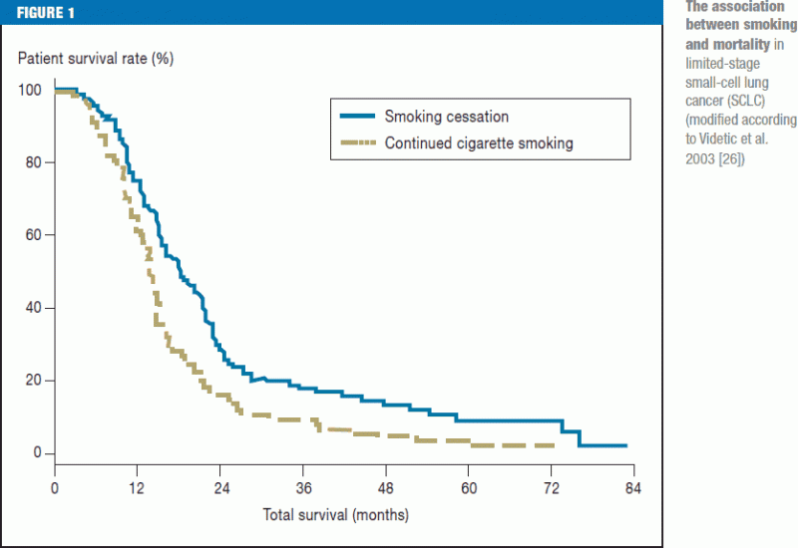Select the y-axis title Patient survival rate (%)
[96, 58]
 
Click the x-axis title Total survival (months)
[336, 515]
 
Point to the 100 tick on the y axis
[31, 91]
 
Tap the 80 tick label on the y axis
[34, 163]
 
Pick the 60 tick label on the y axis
[34, 236]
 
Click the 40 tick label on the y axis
[34, 309]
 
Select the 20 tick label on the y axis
[34, 382]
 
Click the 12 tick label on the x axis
[138, 488]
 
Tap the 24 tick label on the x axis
[220, 488]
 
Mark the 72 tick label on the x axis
[552, 488]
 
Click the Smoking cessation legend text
[447, 118]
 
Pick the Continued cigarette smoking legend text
[479, 143]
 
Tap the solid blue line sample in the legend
[357, 118]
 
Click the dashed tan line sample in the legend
[357, 143]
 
